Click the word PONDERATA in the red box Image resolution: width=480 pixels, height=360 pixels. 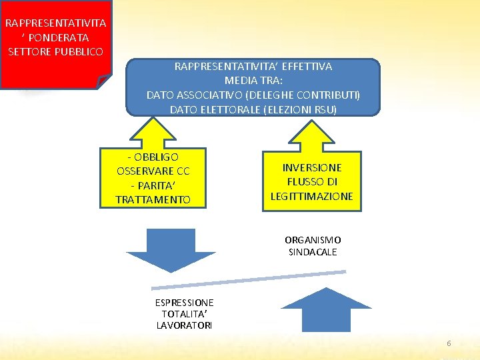(63, 37)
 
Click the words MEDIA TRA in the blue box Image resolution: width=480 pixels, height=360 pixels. (253, 81)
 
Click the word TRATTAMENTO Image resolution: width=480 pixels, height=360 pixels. (153, 199)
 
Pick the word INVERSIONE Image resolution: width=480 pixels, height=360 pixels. (312, 167)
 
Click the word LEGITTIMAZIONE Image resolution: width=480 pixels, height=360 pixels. (312, 196)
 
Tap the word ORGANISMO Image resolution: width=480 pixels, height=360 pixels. (313, 240)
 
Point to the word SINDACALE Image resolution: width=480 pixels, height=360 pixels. (313, 252)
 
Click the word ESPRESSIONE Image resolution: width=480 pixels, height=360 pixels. (184, 302)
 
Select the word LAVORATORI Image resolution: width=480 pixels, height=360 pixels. (184, 325)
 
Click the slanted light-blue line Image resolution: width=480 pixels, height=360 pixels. (249, 279)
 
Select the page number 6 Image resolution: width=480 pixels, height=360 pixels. (449, 343)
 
